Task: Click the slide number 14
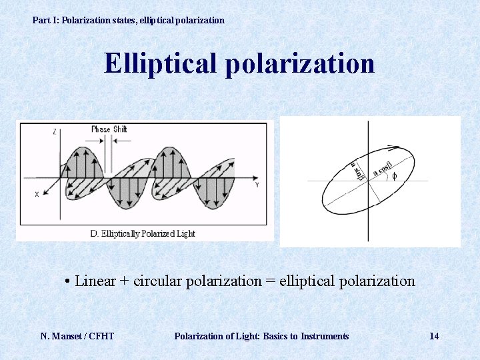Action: tap(434, 336)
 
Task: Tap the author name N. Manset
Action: tap(63, 336)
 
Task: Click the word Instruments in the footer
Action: tap(325, 336)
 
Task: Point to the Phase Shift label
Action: tap(109, 129)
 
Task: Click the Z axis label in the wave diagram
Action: tap(54, 132)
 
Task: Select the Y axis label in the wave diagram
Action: tap(257, 185)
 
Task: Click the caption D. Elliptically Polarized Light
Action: tap(143, 233)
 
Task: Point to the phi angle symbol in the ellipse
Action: tap(394, 176)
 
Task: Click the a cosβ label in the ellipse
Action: tap(383, 167)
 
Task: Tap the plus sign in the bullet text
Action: tap(124, 281)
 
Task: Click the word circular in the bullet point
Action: tap(157, 281)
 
